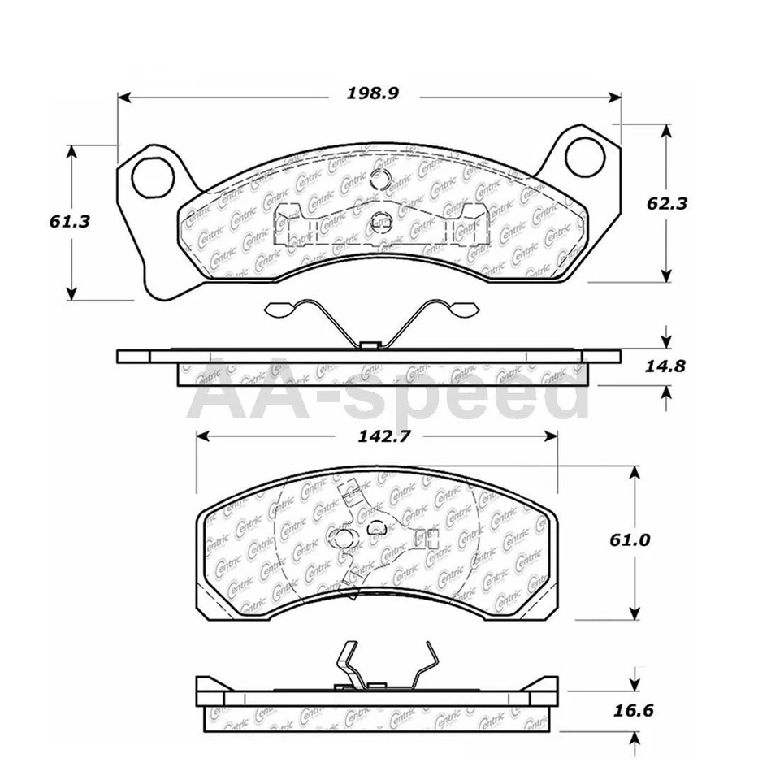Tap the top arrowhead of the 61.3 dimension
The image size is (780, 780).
(72, 151)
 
